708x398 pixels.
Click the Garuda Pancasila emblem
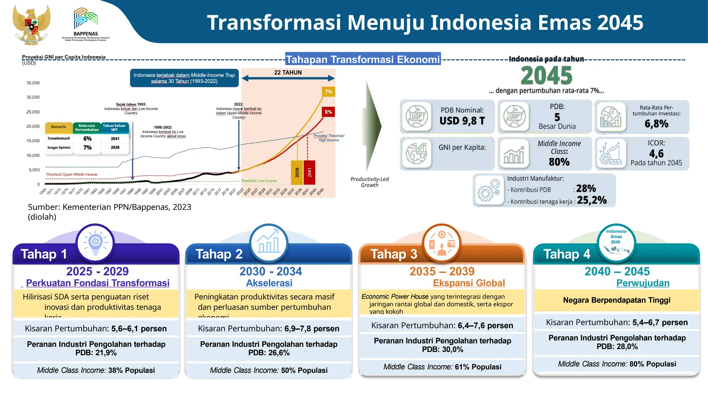(x=31, y=25)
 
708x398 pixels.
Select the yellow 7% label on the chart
(x=328, y=92)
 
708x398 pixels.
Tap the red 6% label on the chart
(x=328, y=112)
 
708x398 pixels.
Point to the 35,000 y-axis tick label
(x=33, y=83)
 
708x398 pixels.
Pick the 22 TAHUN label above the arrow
(x=288, y=73)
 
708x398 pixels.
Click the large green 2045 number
(x=547, y=76)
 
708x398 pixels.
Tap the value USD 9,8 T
(x=462, y=121)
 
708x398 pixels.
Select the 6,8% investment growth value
(x=656, y=124)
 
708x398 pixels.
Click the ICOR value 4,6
(x=656, y=153)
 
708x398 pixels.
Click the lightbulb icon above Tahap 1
(x=95, y=243)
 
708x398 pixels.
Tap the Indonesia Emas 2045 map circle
(x=616, y=243)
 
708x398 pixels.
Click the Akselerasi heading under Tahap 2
(x=269, y=283)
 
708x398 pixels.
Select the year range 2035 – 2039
(x=442, y=271)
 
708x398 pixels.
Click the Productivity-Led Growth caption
(x=370, y=182)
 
